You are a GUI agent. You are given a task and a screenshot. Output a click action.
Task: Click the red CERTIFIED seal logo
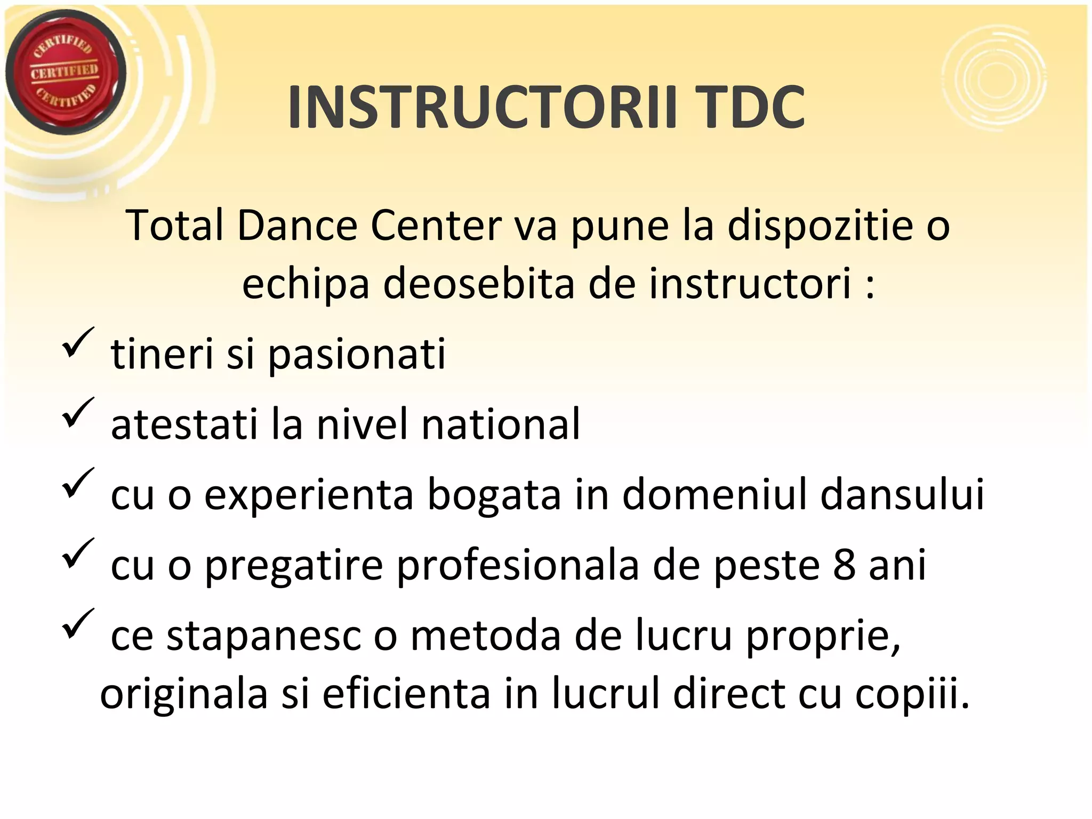pos(65,72)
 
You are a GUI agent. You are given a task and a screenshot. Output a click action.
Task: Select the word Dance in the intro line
pos(297,226)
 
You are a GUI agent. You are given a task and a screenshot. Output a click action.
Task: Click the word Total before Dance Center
pos(175,226)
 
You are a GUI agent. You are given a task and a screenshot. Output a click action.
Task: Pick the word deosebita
pos(479,284)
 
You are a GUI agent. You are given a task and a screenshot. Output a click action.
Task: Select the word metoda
pos(485,636)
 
